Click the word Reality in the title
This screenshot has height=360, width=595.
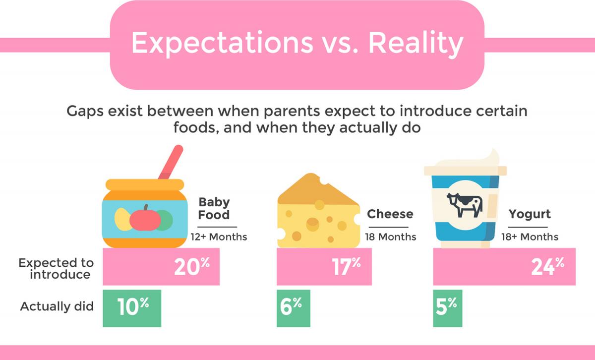pyautogui.click(x=416, y=44)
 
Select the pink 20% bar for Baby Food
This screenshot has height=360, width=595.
pyautogui.click(x=161, y=267)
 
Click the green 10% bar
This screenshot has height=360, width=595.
pyautogui.click(x=132, y=308)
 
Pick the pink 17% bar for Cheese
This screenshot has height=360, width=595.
pyautogui.click(x=324, y=267)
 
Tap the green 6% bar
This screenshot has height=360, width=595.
pyautogui.click(x=293, y=308)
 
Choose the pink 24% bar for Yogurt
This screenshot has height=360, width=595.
pyautogui.click(x=504, y=267)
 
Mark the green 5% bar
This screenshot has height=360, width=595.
pyautogui.click(x=448, y=308)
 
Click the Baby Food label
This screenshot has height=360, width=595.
pyautogui.click(x=214, y=209)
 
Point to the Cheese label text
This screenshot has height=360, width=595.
pyautogui.click(x=390, y=214)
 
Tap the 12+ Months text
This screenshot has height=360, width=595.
pyautogui.click(x=219, y=237)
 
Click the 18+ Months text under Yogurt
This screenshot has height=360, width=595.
pyautogui.click(x=530, y=237)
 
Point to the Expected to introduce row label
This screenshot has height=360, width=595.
pyautogui.click(x=56, y=269)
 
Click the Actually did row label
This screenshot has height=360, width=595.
pyautogui.click(x=57, y=306)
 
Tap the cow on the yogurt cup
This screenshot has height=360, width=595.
pyautogui.click(x=464, y=205)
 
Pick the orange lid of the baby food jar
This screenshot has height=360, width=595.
pyautogui.click(x=145, y=184)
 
